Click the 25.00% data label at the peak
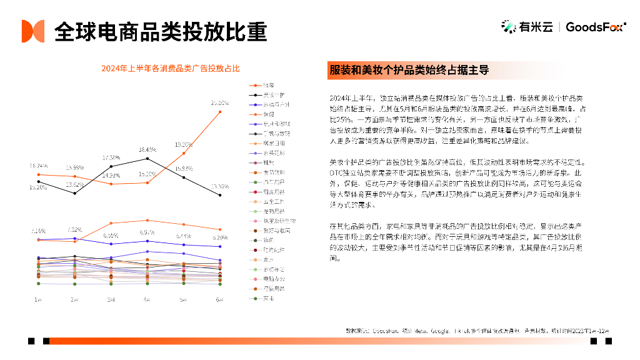[219, 102]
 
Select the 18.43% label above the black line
[147, 149]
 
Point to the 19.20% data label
[183, 143]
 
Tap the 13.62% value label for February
[74, 184]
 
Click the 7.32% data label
[74, 229]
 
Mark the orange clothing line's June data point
[219, 112]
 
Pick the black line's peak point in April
[147, 159]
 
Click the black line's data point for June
[219, 195]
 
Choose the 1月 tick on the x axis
[39, 299]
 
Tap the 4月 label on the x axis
[147, 299]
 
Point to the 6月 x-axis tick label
[219, 299]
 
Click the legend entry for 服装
[267, 85]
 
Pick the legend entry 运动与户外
[276, 104]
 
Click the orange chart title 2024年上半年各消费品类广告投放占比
[171, 68]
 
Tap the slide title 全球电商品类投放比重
[161, 31]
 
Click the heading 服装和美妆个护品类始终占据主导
[409, 70]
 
